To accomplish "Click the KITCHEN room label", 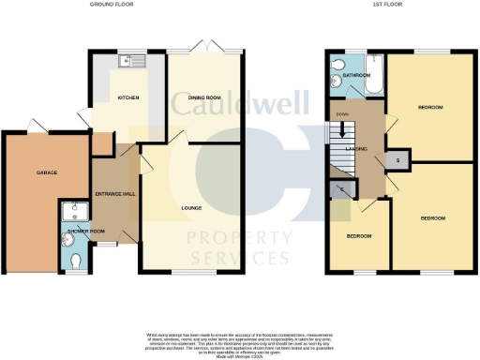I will click(x=127, y=97).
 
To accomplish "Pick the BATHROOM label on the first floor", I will click(x=355, y=75).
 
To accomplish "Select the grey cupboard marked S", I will click(x=397, y=160).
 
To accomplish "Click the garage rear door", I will click(x=36, y=127).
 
